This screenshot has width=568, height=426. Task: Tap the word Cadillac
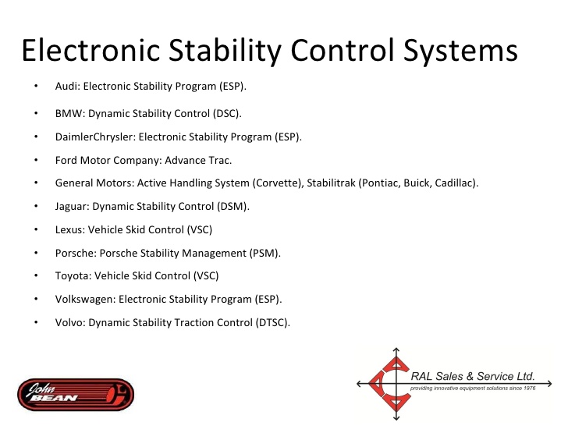[455, 183]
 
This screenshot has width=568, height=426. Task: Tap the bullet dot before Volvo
[36, 322]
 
